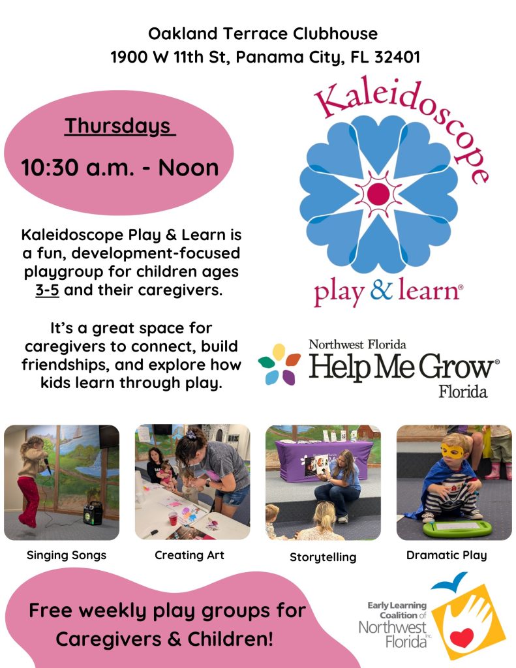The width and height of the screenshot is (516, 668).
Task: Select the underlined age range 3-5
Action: pos(48,290)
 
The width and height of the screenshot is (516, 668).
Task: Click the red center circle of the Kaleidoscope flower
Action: pos(378,194)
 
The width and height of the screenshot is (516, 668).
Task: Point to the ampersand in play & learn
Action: pos(382,289)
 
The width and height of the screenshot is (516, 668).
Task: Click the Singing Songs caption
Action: pos(67,555)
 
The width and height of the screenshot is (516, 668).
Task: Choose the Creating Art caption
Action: pos(189,554)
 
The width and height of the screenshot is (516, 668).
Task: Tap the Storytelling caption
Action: pos(323,557)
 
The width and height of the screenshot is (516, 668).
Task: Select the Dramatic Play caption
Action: pos(447,555)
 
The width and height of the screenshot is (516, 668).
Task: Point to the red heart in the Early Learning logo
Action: pos(462,637)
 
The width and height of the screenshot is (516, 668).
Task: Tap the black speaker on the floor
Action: pos(93,513)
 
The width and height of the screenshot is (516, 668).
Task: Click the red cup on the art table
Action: pos(173,519)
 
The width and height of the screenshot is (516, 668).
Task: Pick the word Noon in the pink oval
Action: pos(189,168)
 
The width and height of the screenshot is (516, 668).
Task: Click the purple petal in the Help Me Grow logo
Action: pos(288,377)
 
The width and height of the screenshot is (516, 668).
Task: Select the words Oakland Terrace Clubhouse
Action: pos(263,34)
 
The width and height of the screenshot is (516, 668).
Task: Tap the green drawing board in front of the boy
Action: pos(457,528)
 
